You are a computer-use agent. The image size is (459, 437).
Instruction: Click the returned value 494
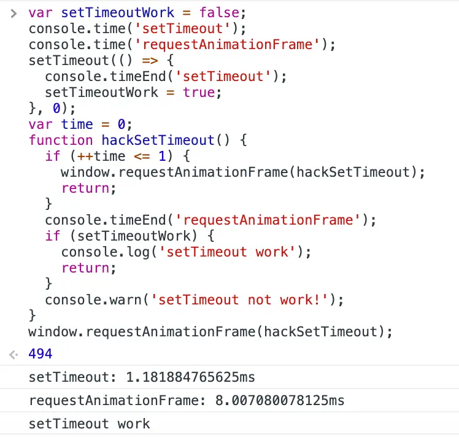(x=40, y=354)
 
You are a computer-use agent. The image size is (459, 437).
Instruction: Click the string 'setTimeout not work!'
(x=244, y=300)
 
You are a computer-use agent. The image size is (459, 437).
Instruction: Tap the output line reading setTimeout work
(x=89, y=423)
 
